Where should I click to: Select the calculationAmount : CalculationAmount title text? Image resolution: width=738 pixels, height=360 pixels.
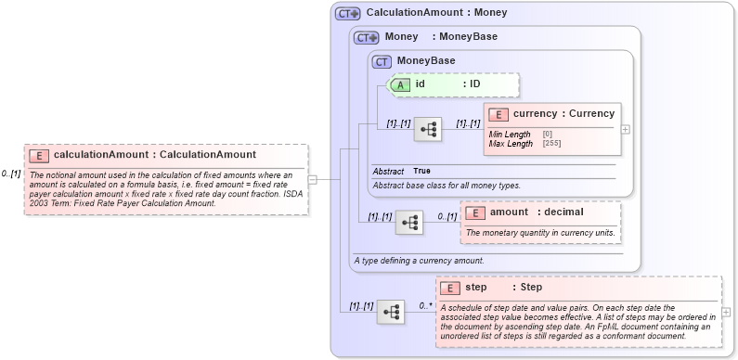point(155,155)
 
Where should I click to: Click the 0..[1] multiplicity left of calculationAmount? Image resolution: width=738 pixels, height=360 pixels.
point(11,174)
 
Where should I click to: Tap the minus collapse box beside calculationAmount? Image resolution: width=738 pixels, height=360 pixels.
point(313,180)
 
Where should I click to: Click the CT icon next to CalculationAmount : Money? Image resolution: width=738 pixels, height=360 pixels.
point(348,13)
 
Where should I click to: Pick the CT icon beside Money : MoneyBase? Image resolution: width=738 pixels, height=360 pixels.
point(367,37)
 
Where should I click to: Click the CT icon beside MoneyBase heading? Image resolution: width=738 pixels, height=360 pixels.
point(382,61)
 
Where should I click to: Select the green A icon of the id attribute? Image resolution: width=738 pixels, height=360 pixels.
point(400,84)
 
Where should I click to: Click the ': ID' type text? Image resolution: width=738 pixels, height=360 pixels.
point(472,84)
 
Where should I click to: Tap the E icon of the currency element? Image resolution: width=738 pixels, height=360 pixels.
point(498,114)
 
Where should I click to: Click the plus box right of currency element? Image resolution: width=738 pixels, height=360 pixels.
point(625,129)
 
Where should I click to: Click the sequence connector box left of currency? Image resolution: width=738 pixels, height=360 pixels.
point(428,129)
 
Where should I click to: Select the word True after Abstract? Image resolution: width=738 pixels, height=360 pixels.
point(421,171)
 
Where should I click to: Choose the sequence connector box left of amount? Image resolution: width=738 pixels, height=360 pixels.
point(409,223)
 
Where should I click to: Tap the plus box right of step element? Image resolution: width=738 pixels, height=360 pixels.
point(726,312)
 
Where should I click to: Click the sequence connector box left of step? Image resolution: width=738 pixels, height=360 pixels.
point(391,312)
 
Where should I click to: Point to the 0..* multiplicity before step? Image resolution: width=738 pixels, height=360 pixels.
point(424,305)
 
